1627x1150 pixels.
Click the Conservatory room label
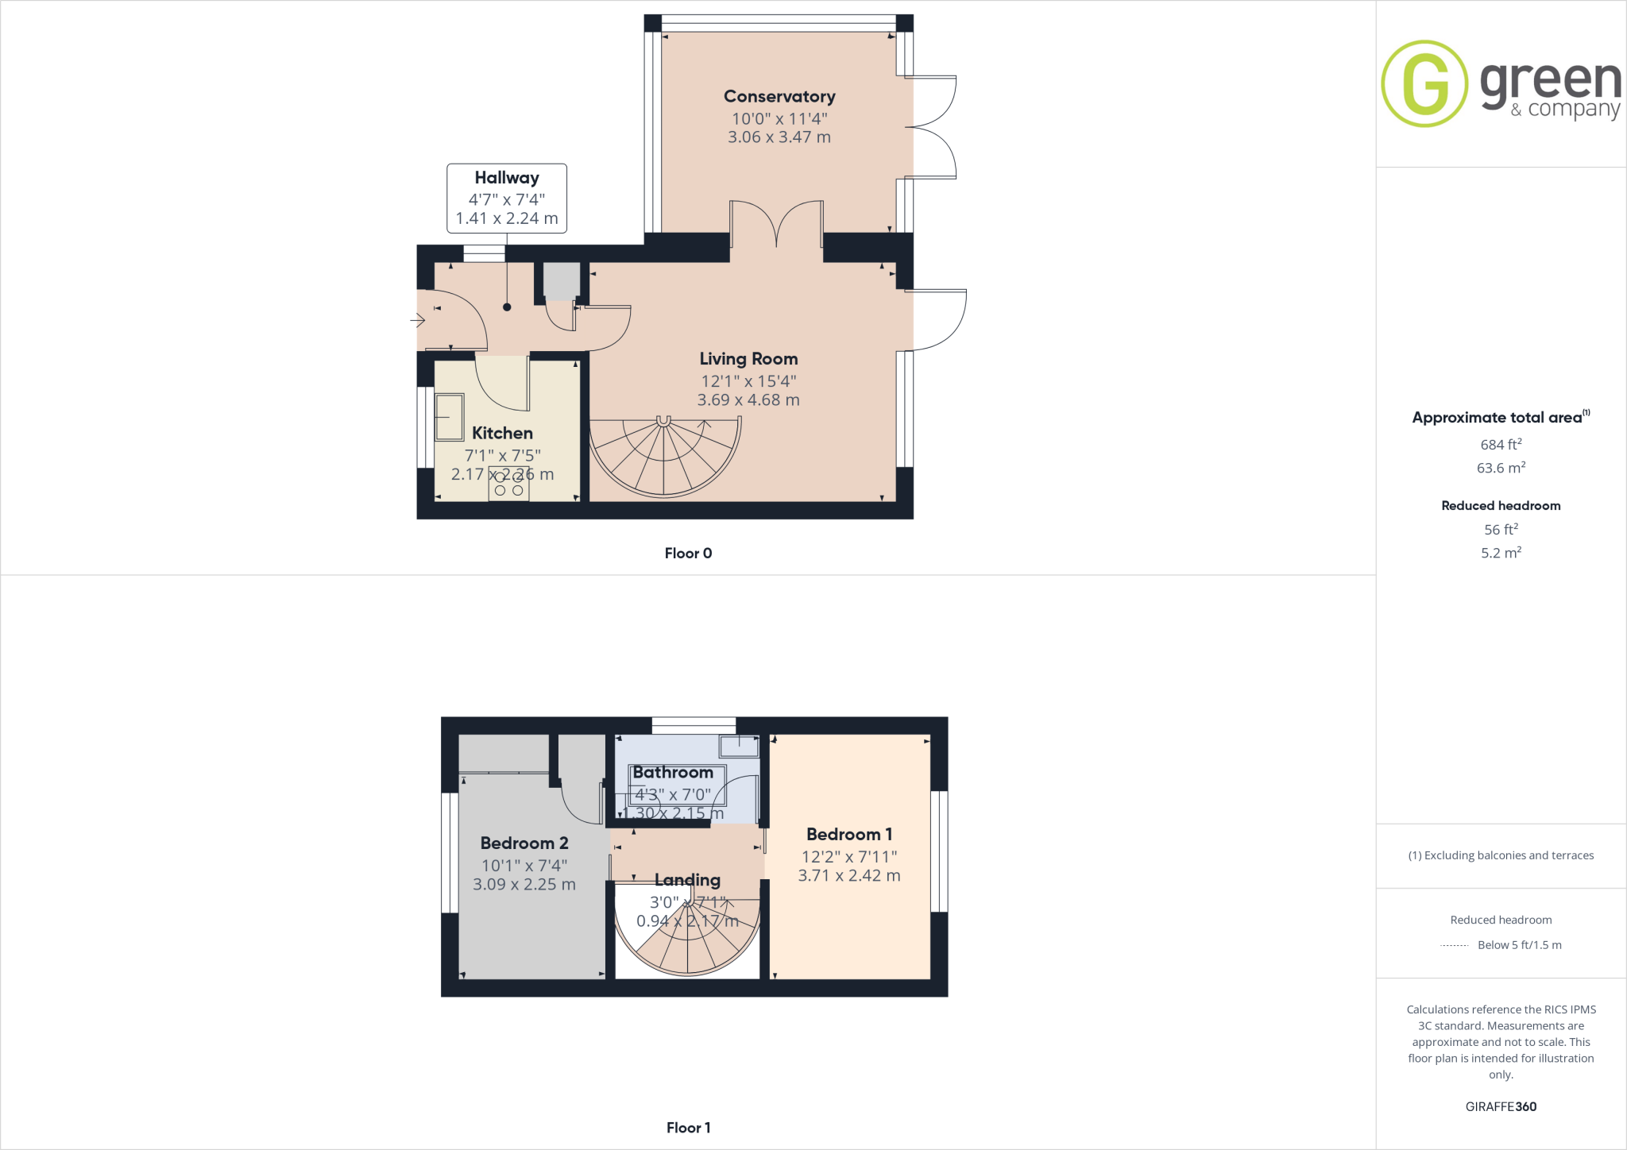pos(779,96)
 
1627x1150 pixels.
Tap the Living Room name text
pos(748,359)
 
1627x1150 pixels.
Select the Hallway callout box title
pos(507,178)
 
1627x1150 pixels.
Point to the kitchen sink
pos(449,417)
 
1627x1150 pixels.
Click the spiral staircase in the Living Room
pos(664,457)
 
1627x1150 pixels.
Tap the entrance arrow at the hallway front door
pos(417,321)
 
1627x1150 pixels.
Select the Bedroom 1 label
pos(849,835)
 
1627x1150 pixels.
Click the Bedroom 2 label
pos(524,843)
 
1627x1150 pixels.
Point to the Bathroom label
pos(673,773)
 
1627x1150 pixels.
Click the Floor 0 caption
pos(688,554)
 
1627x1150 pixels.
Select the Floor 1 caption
pos(688,1128)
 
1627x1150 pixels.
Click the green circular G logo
pos(1424,83)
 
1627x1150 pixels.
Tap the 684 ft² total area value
pos(1501,445)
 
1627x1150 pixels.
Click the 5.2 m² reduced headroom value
pos(1501,553)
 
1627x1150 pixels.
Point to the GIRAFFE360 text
pos(1501,1106)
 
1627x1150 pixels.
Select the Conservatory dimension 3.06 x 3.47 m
pos(779,137)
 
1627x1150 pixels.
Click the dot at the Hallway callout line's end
pos(507,307)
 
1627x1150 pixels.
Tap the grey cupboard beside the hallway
pos(562,281)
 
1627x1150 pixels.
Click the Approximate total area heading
pos(1498,418)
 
